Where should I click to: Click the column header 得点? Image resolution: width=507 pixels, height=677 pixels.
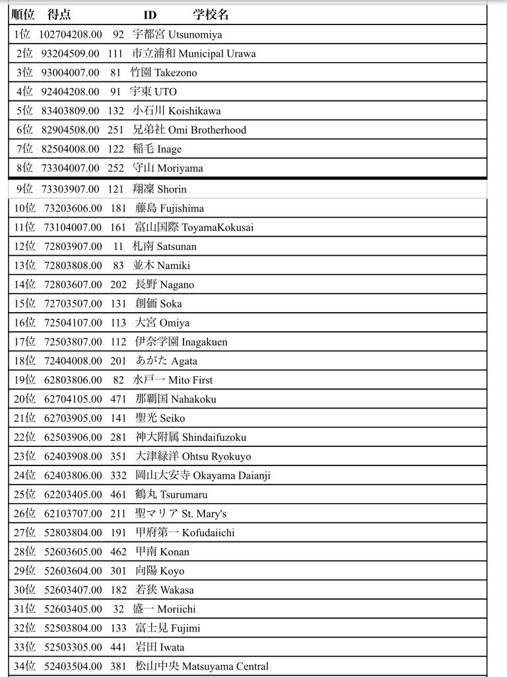pyautogui.click(x=59, y=15)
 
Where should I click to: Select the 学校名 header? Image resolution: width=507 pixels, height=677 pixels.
pyautogui.click(x=211, y=15)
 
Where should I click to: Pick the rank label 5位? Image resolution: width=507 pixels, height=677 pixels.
pyautogui.click(x=24, y=111)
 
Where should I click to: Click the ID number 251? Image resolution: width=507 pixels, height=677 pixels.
pyautogui.click(x=116, y=130)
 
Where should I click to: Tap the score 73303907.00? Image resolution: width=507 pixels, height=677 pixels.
pyautogui.click(x=71, y=189)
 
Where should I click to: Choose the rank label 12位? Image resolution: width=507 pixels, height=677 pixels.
pyautogui.click(x=24, y=247)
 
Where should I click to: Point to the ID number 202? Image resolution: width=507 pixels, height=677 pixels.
pyautogui.click(x=118, y=285)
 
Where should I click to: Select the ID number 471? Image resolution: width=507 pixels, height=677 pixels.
pyautogui.click(x=118, y=399)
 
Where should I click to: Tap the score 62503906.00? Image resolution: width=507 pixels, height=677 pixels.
pyautogui.click(x=73, y=438)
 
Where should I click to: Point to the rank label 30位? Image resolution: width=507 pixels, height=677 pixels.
pyautogui.click(x=24, y=590)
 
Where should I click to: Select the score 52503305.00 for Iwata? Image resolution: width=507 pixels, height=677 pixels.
pyautogui.click(x=73, y=647)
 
